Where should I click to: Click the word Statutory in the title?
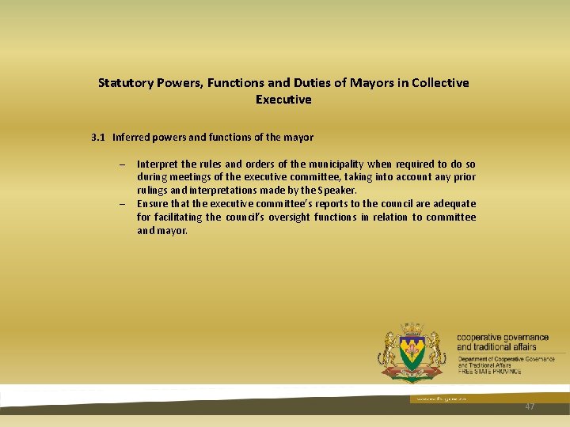(123, 82)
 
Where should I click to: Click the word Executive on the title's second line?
(283, 100)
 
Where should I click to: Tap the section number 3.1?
(98, 137)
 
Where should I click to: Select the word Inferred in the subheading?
(131, 137)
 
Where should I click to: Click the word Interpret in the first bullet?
(156, 164)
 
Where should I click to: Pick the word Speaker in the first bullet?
(337, 190)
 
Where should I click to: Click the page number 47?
(530, 406)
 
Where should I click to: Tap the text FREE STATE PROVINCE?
(489, 372)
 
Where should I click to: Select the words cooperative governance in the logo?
(502, 338)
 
